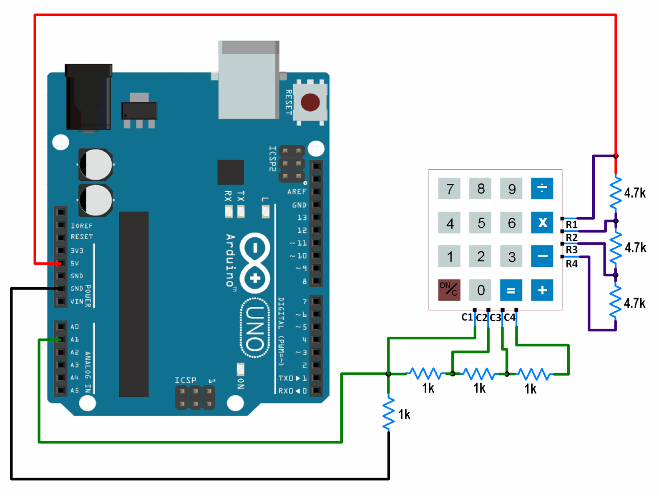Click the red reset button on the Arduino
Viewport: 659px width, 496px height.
(310, 102)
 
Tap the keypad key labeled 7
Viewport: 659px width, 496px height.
(449, 189)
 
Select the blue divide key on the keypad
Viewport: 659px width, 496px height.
(542, 188)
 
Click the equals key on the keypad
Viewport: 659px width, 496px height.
(511, 290)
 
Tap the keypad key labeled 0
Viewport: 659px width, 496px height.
(480, 290)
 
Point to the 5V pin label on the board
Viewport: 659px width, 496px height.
(75, 263)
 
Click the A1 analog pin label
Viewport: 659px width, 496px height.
(75, 339)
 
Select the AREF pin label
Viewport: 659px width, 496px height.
(297, 192)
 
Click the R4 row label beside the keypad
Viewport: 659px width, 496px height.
(571, 264)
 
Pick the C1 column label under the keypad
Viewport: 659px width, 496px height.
(467, 318)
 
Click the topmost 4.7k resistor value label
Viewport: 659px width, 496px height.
(635, 193)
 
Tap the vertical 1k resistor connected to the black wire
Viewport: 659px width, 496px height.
(389, 413)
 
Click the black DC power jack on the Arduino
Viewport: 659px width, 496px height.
(88, 97)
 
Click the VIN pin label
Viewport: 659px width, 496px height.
(77, 301)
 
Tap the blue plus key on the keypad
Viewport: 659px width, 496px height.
(542, 290)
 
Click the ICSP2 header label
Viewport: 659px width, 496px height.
(272, 159)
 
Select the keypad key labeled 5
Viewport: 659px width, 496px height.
(480, 223)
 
